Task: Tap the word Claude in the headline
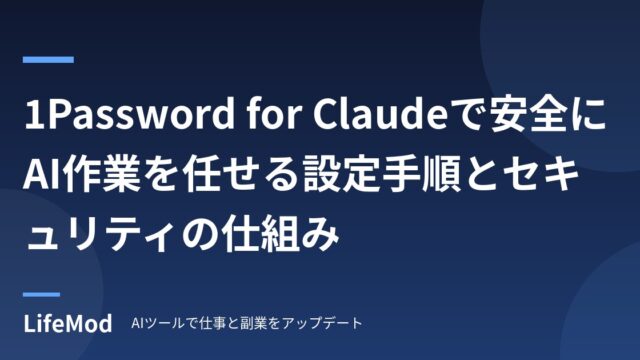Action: point(380,114)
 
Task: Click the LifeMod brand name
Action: point(68,324)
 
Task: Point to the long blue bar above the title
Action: point(48,60)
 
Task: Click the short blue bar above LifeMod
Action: point(41,294)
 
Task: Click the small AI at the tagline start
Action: point(136,323)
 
